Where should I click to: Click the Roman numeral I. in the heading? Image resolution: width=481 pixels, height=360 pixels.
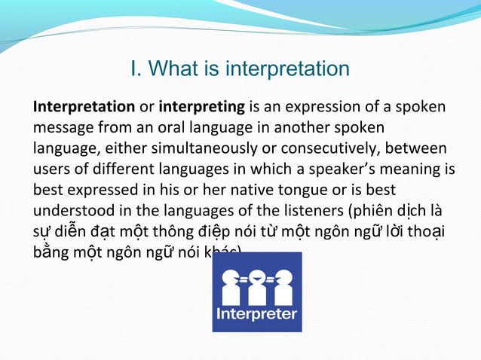pos(136,69)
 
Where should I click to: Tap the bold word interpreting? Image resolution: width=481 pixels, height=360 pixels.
pos(202,108)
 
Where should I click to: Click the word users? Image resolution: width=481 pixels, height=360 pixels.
pos(51,166)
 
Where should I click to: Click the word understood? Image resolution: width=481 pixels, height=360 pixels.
pos(72,206)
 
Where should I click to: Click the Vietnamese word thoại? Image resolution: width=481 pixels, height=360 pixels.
pos(425,225)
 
